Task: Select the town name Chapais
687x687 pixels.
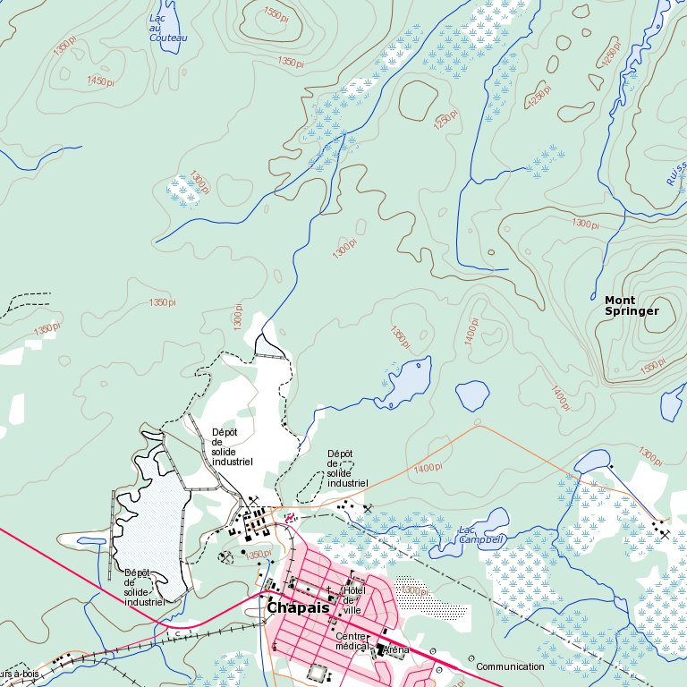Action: point(298,608)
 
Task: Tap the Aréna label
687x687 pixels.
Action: point(396,649)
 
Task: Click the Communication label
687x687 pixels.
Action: point(510,666)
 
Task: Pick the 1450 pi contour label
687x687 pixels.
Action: point(101,81)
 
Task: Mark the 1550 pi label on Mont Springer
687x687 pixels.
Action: point(652,365)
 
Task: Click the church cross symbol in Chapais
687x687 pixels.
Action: point(328,589)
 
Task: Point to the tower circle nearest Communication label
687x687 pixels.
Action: point(471,659)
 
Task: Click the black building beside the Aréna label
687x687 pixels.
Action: point(382,650)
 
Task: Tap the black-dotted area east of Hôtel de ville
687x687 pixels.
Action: point(438,611)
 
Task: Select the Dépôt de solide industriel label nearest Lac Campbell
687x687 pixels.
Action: point(347,468)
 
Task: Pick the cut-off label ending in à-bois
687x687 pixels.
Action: point(20,673)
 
